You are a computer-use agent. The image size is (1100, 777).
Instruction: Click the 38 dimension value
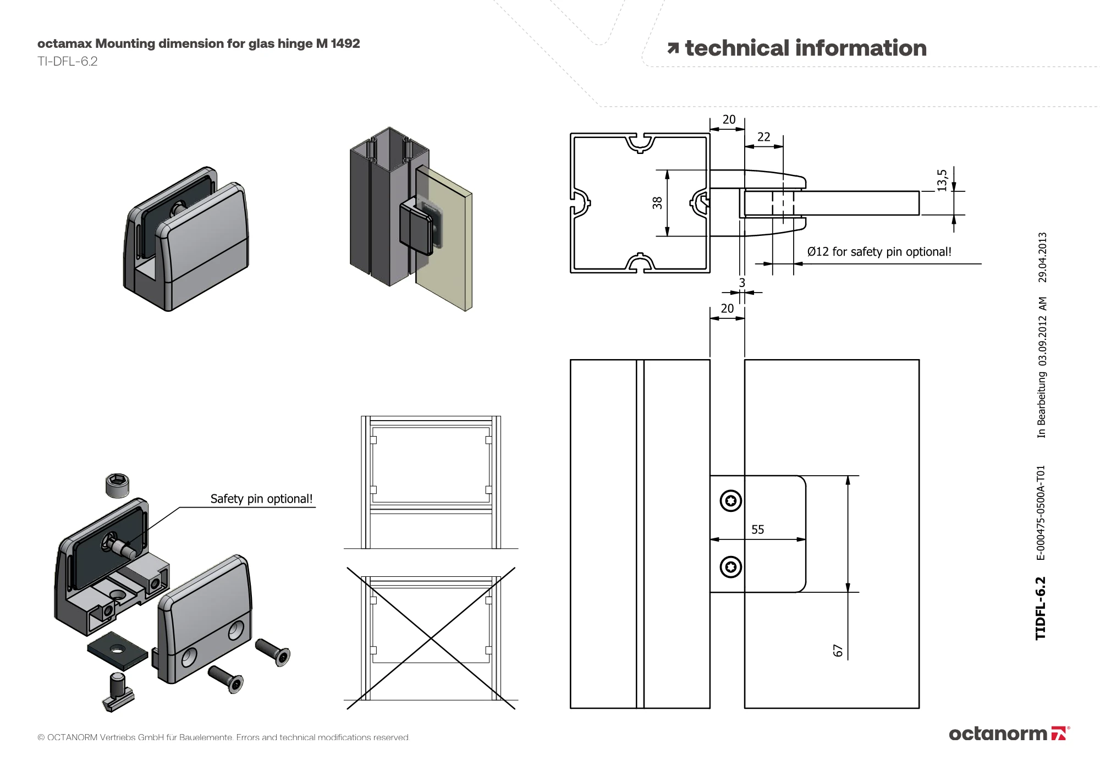657,203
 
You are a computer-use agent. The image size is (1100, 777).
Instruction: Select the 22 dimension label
763,137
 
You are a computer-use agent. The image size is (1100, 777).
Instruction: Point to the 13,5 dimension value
942,180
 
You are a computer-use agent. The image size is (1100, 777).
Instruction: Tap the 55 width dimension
757,530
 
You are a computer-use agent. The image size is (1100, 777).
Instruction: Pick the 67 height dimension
838,651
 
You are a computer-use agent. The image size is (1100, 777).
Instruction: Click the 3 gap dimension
742,283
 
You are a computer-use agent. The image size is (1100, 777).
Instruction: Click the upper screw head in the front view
730,500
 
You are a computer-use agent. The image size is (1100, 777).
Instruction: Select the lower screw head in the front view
730,566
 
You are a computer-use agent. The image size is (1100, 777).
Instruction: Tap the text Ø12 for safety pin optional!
879,252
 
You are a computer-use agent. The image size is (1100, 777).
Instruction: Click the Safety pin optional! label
261,499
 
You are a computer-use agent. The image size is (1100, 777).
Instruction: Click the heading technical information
805,48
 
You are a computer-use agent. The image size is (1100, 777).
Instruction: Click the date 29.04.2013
1042,257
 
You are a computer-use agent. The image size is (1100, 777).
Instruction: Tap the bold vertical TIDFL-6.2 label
1040,608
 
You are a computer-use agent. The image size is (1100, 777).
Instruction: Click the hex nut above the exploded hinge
117,485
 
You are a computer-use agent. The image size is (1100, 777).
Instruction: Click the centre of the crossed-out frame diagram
431,638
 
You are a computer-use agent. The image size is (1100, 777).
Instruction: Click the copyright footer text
223,737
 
